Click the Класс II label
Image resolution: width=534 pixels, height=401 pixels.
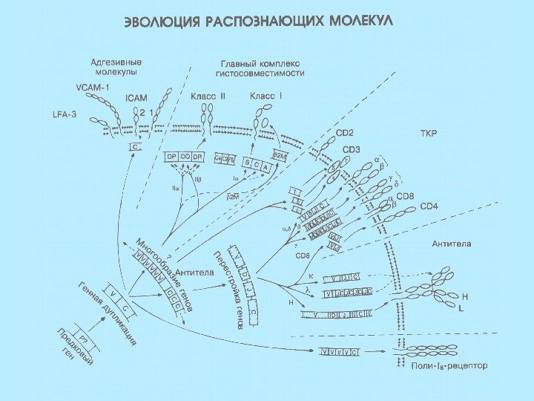tap(207, 97)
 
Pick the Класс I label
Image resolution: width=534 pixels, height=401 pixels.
tap(265, 97)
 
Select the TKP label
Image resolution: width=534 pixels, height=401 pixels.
tap(429, 134)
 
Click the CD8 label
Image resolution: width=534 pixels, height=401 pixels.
tap(405, 196)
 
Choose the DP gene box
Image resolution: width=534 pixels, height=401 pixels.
tap(171, 157)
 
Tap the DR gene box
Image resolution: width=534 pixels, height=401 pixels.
tap(198, 157)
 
